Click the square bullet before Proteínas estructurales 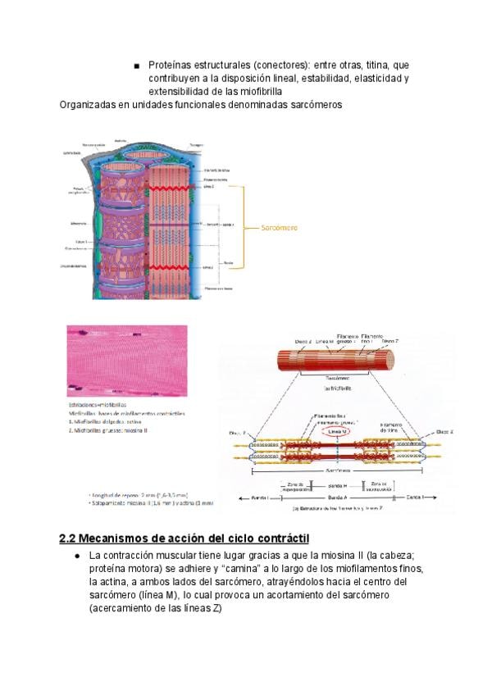tap(136, 65)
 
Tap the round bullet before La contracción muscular tap(77, 556)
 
